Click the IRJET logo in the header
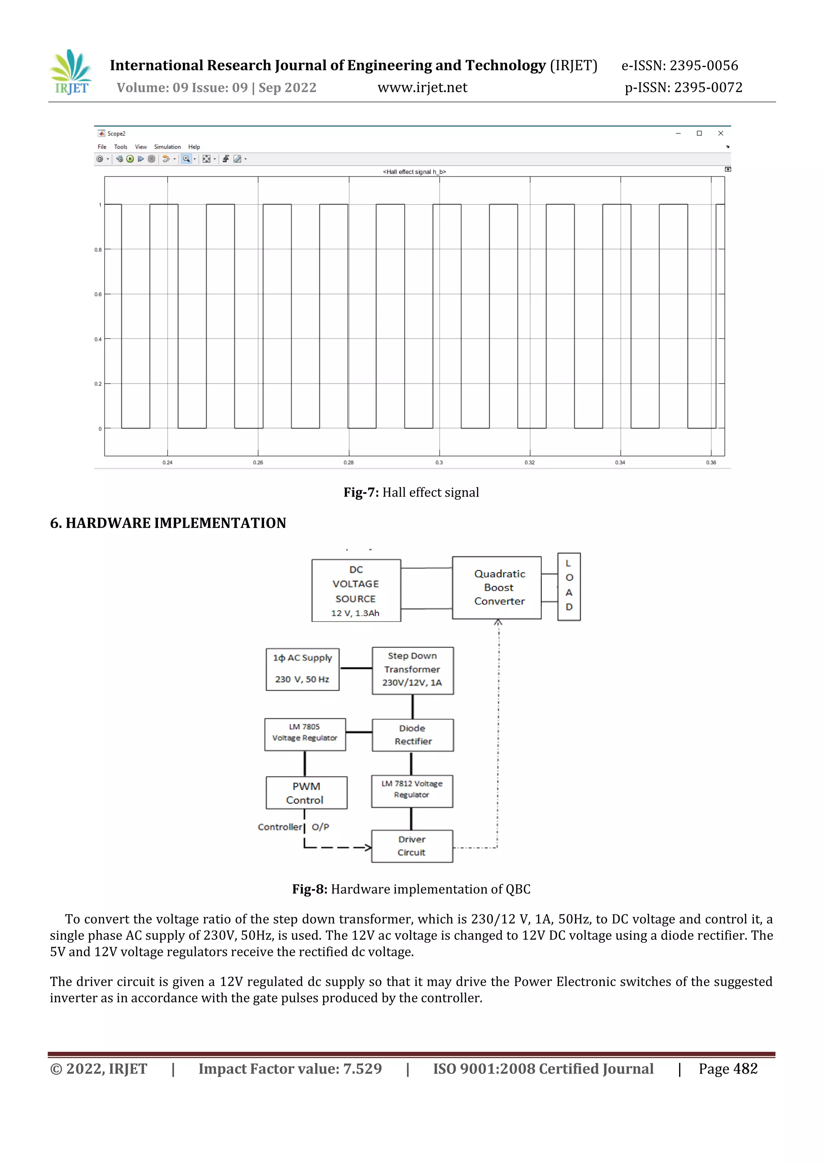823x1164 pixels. (x=71, y=72)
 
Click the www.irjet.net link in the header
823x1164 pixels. (x=422, y=88)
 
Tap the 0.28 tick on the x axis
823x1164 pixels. (x=348, y=462)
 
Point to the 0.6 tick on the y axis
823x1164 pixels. (x=98, y=295)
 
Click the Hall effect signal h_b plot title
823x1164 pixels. (x=414, y=172)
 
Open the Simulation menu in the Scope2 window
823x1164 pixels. (x=167, y=147)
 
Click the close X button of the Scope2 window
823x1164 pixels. (x=721, y=133)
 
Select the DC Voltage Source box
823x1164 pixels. (x=356, y=590)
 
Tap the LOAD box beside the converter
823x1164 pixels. (x=569, y=587)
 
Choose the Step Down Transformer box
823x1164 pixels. (x=412, y=670)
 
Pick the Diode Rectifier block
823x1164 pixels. (x=412, y=734)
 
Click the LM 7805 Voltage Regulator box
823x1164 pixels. (x=305, y=734)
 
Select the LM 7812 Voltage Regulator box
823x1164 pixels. (x=412, y=790)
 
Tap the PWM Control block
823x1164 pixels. (x=306, y=792)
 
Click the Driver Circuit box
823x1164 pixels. (x=412, y=846)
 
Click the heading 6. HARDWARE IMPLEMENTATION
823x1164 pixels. (x=168, y=523)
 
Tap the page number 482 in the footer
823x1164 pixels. (x=745, y=1069)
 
